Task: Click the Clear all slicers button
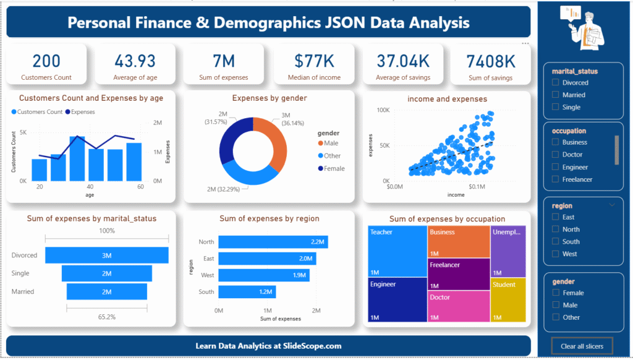pyautogui.click(x=581, y=346)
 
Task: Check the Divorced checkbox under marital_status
pyautogui.click(x=556, y=82)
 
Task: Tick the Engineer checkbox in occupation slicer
pyautogui.click(x=556, y=167)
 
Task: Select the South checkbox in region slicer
pyautogui.click(x=556, y=242)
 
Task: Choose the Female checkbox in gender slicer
pyautogui.click(x=556, y=293)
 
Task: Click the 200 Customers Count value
pyautogui.click(x=46, y=61)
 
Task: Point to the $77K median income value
pyautogui.click(x=314, y=61)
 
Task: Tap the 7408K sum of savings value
pyautogui.click(x=491, y=61)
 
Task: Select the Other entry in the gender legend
pyautogui.click(x=332, y=156)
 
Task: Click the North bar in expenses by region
pyautogui.click(x=273, y=242)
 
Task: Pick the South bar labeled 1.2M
pyautogui.click(x=247, y=291)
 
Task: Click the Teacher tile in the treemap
pyautogui.click(x=396, y=251)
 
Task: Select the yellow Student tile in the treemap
pyautogui.click(x=508, y=299)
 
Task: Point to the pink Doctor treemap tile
pyautogui.click(x=458, y=306)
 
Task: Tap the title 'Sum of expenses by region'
pyautogui.click(x=269, y=218)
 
